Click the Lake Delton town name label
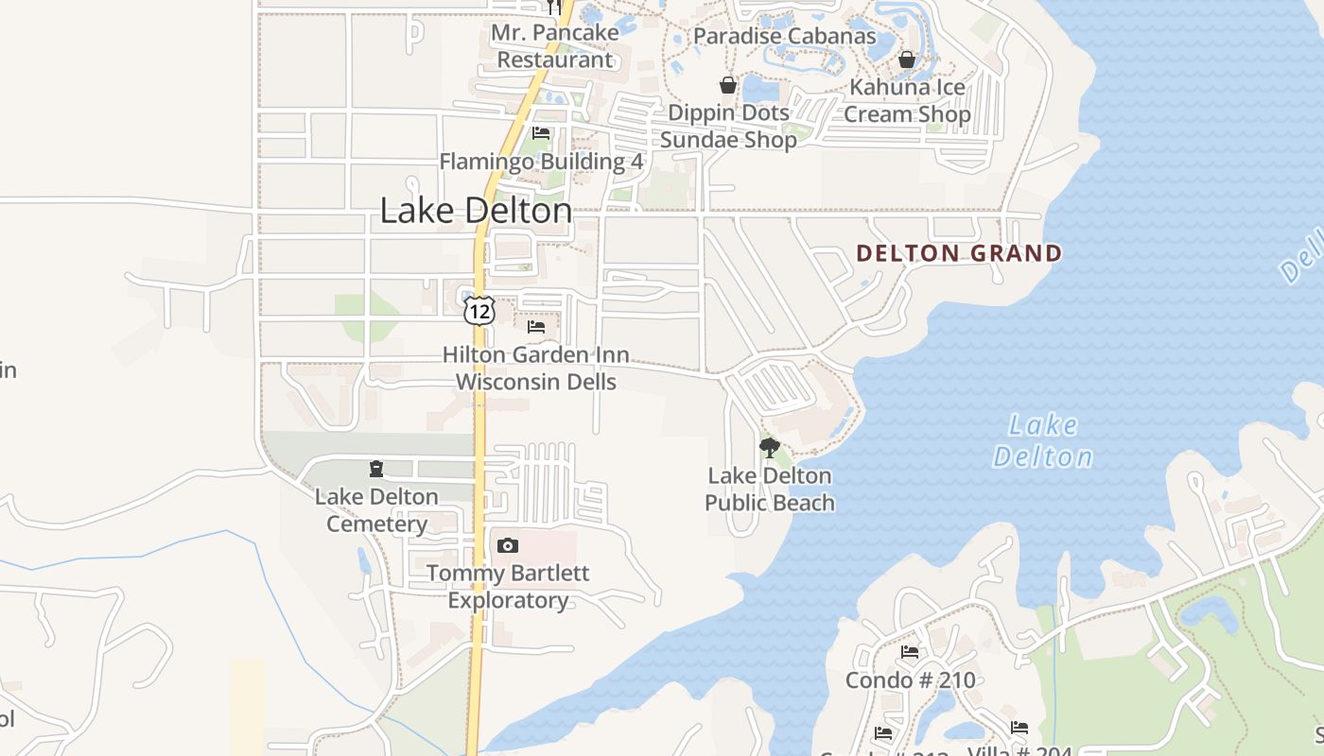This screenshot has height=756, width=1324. click(x=476, y=211)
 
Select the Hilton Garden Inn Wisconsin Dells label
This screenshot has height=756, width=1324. click(x=536, y=369)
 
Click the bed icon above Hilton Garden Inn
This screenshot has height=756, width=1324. click(x=536, y=327)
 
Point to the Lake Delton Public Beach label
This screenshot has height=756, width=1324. click(x=770, y=489)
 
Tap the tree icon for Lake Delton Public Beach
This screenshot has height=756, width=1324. click(x=770, y=447)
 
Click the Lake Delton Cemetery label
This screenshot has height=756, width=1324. click(x=376, y=510)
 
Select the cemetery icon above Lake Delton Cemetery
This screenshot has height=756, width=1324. click(x=376, y=469)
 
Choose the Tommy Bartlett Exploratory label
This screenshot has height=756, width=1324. click(x=509, y=587)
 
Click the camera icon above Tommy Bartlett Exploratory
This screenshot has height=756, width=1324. click(x=508, y=545)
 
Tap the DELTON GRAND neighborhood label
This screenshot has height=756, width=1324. click(x=959, y=253)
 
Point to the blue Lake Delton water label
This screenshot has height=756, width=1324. click(x=1042, y=441)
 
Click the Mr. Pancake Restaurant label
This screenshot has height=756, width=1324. click(x=555, y=46)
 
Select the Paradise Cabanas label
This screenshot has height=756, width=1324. click(x=785, y=36)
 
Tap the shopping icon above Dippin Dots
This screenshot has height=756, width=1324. click(x=727, y=85)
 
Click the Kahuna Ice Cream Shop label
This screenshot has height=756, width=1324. click(x=907, y=101)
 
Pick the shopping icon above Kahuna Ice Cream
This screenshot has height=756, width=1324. click(x=907, y=60)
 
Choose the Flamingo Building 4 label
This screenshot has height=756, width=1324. click(x=541, y=162)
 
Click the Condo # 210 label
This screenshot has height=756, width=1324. click(x=910, y=680)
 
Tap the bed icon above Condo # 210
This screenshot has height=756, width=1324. click(x=910, y=652)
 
